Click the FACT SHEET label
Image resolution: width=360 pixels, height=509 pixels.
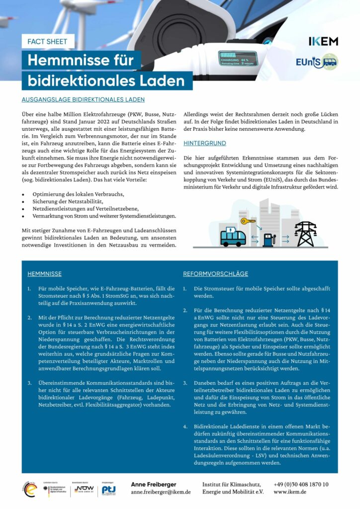pos(48,41)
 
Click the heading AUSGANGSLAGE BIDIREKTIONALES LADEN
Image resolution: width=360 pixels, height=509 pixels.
pos(83,99)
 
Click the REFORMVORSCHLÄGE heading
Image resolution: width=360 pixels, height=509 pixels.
pos(215,274)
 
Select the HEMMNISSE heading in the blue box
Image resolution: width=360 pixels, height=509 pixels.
pos(45,274)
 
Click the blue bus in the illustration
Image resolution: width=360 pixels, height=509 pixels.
pos(233,237)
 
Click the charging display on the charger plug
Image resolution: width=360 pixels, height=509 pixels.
pos(238,59)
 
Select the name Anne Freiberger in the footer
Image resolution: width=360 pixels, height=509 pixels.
pos(153,484)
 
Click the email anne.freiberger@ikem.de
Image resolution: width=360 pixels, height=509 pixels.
pos(161,492)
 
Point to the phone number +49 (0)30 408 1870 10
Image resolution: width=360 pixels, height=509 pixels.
pos(301,484)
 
